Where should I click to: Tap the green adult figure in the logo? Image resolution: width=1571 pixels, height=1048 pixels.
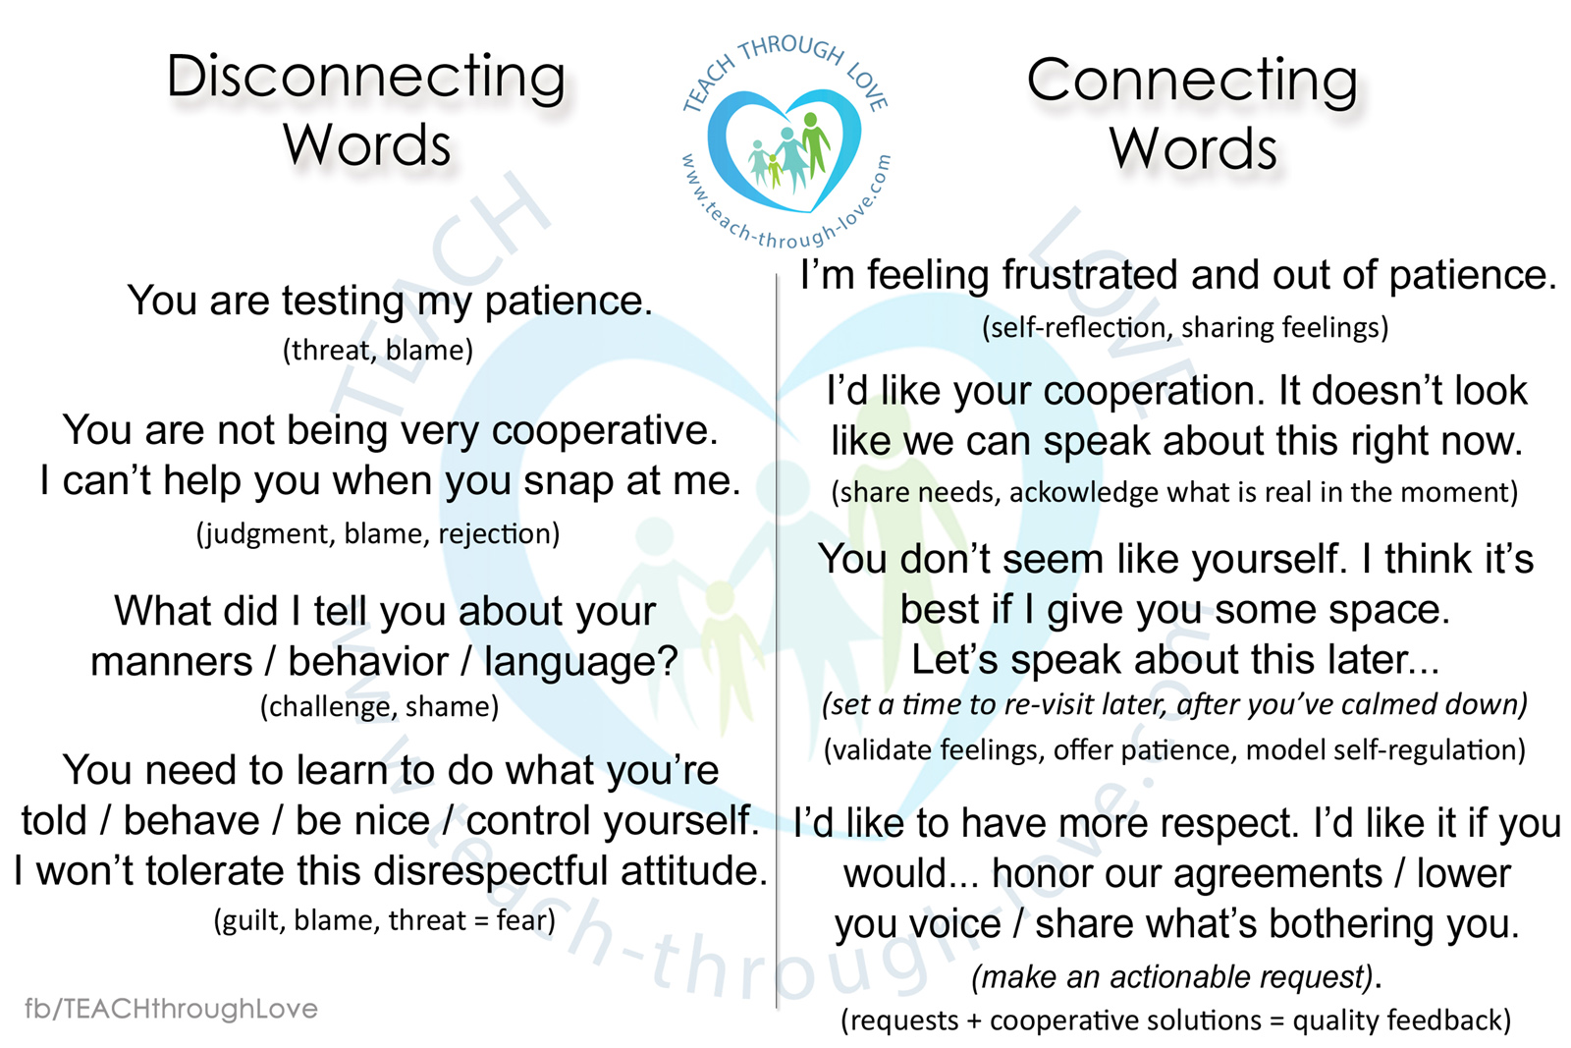(814, 143)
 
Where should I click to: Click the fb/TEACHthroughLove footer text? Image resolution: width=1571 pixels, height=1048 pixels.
(171, 1009)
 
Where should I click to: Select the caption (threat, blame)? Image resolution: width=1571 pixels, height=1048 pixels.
(378, 350)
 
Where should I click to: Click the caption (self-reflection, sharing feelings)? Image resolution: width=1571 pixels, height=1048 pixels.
(1185, 328)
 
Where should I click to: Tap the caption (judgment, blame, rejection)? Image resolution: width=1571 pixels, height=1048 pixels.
(378, 533)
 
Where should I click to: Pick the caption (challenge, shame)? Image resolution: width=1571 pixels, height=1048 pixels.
(379, 706)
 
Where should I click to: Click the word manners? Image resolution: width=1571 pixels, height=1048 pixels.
(172, 661)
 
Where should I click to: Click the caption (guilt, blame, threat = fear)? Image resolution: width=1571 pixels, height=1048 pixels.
(384, 920)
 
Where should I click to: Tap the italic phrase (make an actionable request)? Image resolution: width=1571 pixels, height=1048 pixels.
(1172, 976)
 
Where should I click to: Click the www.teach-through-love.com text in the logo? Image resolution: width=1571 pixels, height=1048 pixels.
(786, 203)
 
